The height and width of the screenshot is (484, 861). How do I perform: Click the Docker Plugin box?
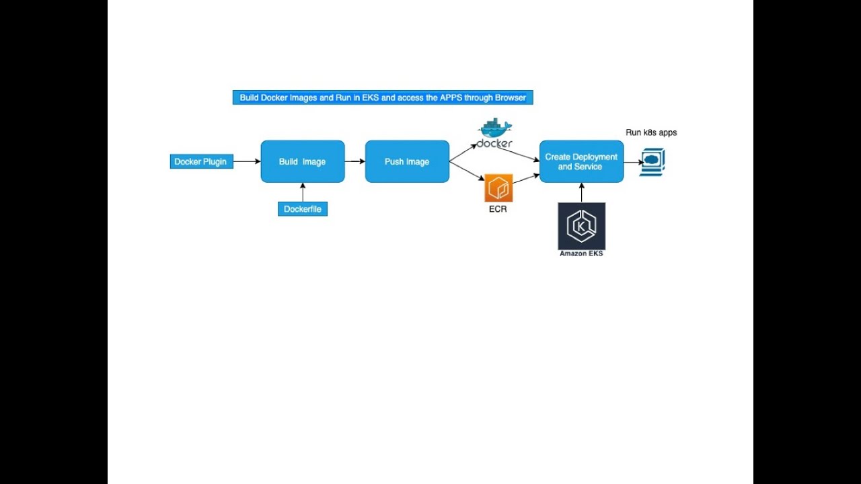(201, 161)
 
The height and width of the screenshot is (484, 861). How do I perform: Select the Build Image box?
(303, 161)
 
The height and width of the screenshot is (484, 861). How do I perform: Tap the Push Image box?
(407, 161)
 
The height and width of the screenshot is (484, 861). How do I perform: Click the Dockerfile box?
(303, 209)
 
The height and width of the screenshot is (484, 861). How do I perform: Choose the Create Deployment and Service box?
(581, 161)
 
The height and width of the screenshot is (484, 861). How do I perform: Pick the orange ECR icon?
(498, 188)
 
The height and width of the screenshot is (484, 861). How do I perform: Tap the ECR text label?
(498, 209)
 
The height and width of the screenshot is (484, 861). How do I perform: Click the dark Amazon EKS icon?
(581, 226)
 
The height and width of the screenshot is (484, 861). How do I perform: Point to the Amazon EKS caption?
(581, 253)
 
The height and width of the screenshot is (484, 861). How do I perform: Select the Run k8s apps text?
(651, 132)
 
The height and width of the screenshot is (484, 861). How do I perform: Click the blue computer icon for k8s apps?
(652, 162)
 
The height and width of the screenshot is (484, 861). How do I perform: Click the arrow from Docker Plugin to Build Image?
(247, 161)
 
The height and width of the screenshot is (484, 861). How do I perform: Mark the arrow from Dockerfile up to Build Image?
(303, 192)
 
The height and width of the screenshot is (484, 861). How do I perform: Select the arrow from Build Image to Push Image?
(354, 161)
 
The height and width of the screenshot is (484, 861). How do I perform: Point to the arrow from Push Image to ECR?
(467, 171)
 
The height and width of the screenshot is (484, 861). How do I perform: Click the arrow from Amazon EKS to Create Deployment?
(581, 192)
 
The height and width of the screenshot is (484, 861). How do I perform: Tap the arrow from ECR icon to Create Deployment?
(526, 179)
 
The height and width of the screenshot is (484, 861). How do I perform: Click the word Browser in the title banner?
(511, 97)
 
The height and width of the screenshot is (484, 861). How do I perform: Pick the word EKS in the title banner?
(371, 97)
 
